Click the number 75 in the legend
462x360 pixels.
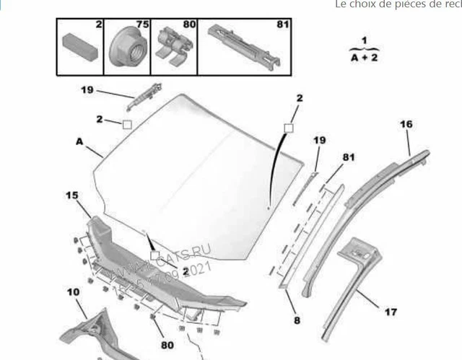[x=142, y=25]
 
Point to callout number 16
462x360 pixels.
[x=406, y=125]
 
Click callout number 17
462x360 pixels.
[x=390, y=312]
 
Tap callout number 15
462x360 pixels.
[x=71, y=196]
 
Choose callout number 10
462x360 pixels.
[x=74, y=292]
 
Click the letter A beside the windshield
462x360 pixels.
[x=79, y=142]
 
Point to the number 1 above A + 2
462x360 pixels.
[x=365, y=40]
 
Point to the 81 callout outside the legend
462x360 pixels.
[x=349, y=157]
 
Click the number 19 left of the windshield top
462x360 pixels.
[x=87, y=90]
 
